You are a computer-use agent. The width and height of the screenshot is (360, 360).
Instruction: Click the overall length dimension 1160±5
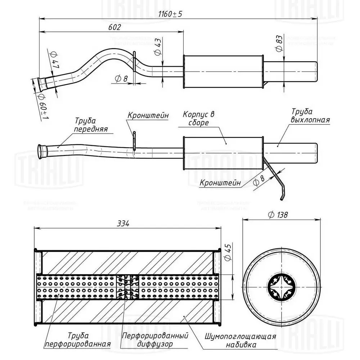coord(171,14)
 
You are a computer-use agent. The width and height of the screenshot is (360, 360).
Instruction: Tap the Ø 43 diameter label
coord(157,47)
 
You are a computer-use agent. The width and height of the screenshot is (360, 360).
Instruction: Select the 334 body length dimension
coord(123,224)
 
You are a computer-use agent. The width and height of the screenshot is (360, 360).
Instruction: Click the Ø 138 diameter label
coord(278,215)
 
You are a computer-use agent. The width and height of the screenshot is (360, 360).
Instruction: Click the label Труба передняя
coord(90,125)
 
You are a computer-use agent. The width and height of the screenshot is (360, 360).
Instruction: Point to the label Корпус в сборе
coord(198,118)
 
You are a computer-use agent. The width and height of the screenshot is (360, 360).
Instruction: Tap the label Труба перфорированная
coord(77,340)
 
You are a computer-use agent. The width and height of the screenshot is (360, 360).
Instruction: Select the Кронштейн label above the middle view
coord(148,116)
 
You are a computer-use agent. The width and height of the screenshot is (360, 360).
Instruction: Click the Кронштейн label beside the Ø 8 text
coord(220,183)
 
